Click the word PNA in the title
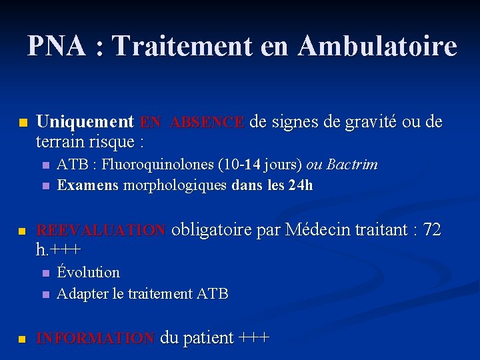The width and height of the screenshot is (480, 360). point(57,46)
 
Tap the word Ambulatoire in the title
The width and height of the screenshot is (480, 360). point(377,46)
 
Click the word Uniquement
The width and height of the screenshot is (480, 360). point(85,122)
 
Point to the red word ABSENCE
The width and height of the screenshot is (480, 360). point(207,123)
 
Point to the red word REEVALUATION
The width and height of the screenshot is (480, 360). point(101,231)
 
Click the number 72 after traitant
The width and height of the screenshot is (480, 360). point(432,230)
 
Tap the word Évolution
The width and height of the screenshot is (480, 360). point(89,272)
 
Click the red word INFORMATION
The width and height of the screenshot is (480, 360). point(95,339)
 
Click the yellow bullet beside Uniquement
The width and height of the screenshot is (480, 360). point(23,123)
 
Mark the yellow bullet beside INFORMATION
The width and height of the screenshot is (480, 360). point(23,339)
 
